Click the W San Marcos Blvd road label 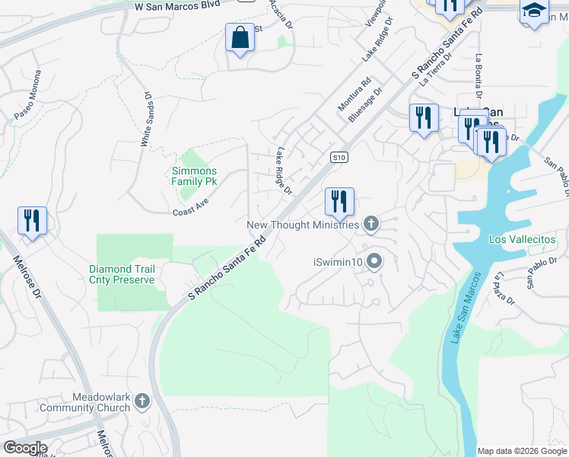point(176,5)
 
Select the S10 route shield point(339,158)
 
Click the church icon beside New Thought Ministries point(370,224)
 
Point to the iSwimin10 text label point(338,263)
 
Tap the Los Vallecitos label point(522,239)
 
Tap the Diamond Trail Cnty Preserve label point(122,274)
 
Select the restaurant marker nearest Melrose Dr point(32,221)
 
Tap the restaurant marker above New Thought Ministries point(339,201)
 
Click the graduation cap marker point(534,12)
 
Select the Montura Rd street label point(354,92)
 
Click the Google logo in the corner point(24,448)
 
